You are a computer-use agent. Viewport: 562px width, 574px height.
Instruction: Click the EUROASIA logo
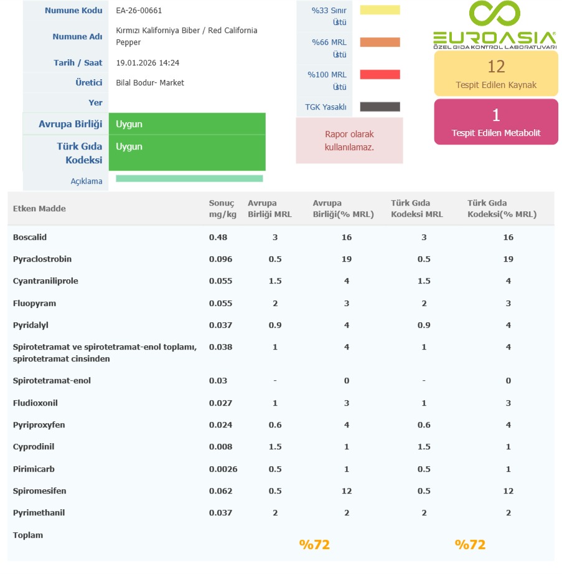[494, 25]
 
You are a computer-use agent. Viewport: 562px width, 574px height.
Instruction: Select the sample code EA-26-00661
[139, 11]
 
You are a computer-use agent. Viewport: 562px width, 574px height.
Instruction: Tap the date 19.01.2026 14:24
[148, 63]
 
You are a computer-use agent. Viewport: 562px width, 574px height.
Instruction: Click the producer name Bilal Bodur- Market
[150, 83]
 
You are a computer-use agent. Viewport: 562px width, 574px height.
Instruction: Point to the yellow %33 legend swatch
[380, 10]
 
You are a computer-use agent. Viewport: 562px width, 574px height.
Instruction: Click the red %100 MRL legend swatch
[380, 75]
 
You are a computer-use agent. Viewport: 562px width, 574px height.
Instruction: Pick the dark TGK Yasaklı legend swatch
[380, 107]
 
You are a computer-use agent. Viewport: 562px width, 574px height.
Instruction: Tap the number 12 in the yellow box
[496, 67]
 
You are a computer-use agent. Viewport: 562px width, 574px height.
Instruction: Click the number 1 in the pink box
[496, 115]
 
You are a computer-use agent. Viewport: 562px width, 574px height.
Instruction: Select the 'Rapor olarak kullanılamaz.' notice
[349, 141]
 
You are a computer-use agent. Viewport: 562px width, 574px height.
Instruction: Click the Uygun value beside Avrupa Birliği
[129, 124]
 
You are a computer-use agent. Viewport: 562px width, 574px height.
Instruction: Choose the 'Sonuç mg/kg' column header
[222, 209]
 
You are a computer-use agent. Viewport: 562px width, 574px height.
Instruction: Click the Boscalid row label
[30, 237]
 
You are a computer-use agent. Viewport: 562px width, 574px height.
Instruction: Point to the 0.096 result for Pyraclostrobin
[220, 259]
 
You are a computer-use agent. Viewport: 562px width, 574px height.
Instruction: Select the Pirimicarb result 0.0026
[223, 469]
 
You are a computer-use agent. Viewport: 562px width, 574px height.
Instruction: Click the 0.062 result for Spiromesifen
[220, 491]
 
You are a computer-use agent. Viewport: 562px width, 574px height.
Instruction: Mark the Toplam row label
[28, 535]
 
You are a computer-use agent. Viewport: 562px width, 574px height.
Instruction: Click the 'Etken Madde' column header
[39, 209]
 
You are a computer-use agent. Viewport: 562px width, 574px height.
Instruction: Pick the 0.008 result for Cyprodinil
[220, 447]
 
